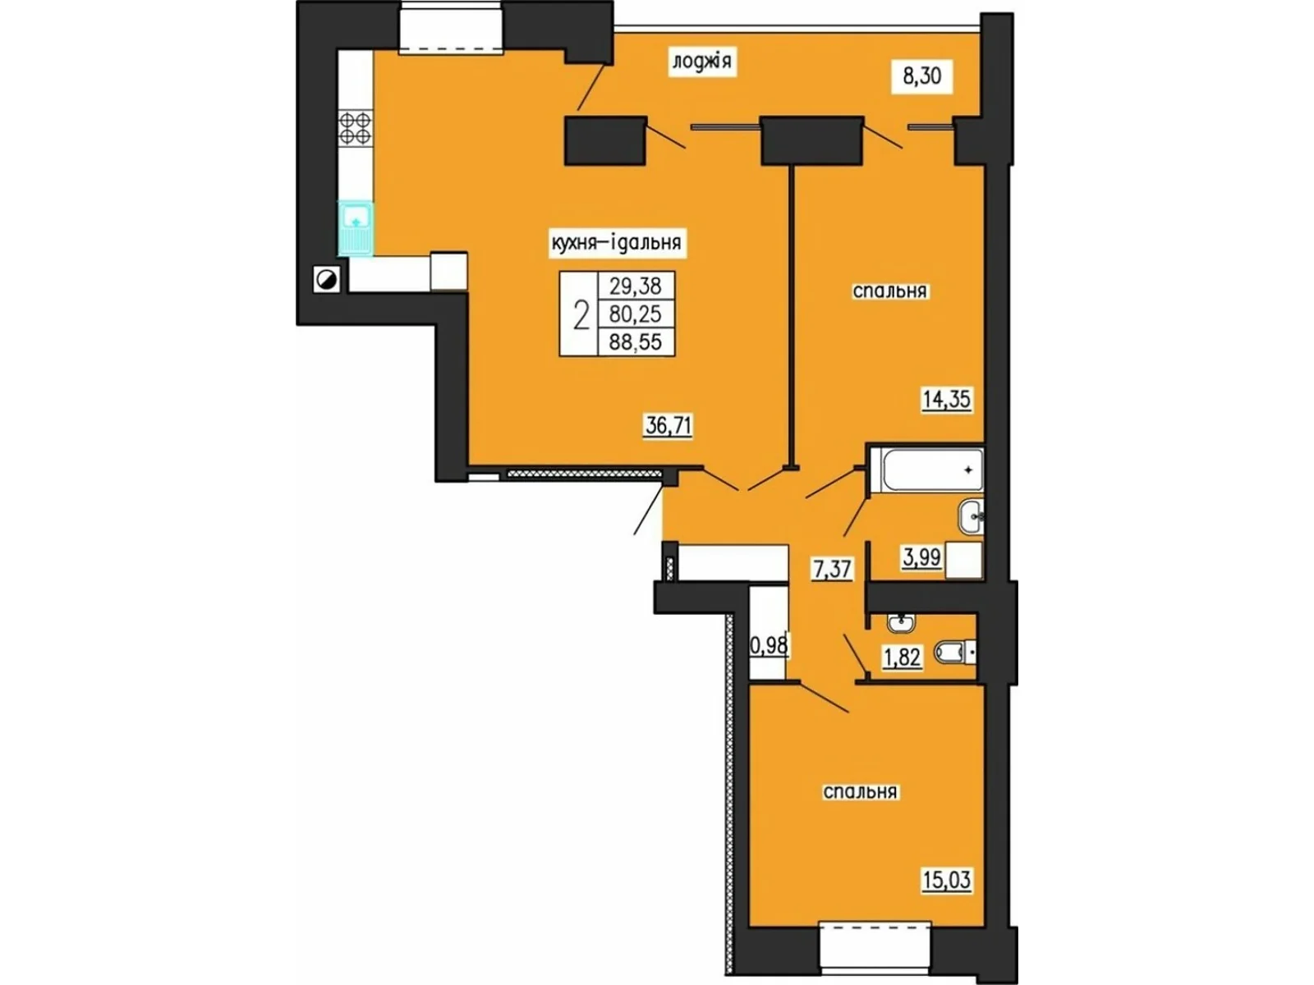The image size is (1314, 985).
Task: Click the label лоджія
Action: pyautogui.click(x=702, y=62)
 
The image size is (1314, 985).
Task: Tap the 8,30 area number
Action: pyautogui.click(x=922, y=76)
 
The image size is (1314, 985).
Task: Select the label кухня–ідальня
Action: pyautogui.click(x=617, y=243)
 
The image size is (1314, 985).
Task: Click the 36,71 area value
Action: pyautogui.click(x=668, y=426)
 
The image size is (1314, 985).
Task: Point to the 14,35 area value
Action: pyautogui.click(x=946, y=399)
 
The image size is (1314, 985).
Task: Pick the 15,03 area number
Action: pyautogui.click(x=946, y=880)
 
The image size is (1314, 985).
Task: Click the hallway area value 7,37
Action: pyautogui.click(x=832, y=569)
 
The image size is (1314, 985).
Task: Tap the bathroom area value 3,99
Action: pyautogui.click(x=922, y=557)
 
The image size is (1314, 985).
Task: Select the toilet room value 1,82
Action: pyautogui.click(x=902, y=657)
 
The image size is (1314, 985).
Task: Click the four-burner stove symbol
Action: pyautogui.click(x=356, y=128)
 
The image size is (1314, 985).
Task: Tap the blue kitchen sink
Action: pyautogui.click(x=356, y=228)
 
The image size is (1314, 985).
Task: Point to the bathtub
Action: pyautogui.click(x=926, y=471)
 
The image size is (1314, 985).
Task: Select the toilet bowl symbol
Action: pyautogui.click(x=955, y=652)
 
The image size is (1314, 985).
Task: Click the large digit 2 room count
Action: pyautogui.click(x=580, y=315)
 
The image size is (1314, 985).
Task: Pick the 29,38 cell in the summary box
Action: pyautogui.click(x=636, y=286)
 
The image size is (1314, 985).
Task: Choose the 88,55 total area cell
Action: pyautogui.click(x=636, y=342)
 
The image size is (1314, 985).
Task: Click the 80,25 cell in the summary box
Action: pyautogui.click(x=636, y=314)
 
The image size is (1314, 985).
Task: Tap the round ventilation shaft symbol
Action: pyautogui.click(x=327, y=279)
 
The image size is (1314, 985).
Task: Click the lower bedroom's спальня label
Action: pyautogui.click(x=860, y=792)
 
